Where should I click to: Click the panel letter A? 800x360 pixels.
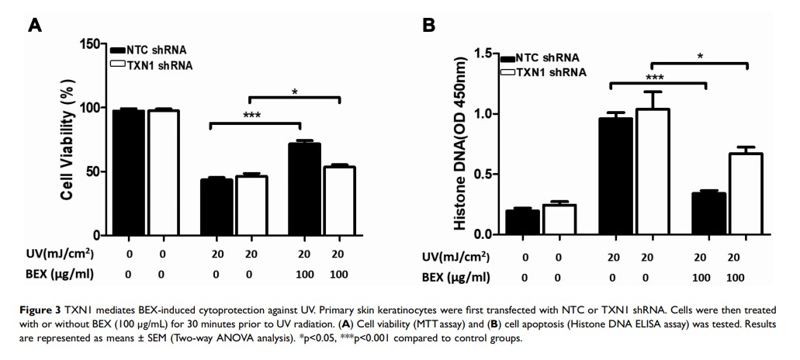click(x=35, y=25)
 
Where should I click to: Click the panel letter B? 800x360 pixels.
click(x=428, y=25)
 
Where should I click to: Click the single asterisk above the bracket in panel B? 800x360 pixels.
click(x=700, y=57)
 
